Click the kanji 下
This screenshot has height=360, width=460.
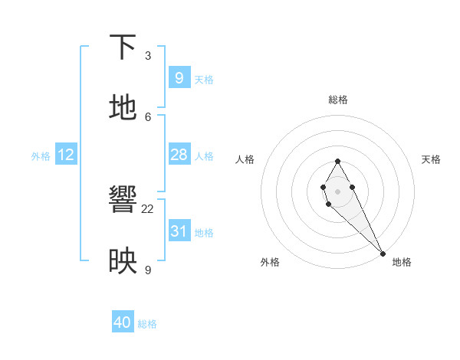123,47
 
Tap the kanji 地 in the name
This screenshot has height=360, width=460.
123,108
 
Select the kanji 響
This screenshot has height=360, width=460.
123,201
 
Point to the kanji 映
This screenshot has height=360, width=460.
123,261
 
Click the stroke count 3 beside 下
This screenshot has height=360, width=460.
148,56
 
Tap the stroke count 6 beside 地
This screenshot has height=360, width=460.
148,116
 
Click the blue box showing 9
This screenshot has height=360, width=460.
179,78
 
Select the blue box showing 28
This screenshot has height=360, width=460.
179,155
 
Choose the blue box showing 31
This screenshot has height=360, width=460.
179,231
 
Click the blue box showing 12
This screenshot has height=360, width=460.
66,155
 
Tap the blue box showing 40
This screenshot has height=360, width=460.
123,322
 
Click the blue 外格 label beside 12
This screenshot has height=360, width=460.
41,156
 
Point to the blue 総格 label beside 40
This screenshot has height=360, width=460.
147,324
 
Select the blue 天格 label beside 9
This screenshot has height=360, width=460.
204,80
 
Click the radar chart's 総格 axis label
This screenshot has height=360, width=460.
338,100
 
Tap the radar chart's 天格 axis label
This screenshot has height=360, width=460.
431,159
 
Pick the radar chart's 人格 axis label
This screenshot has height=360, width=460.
245,159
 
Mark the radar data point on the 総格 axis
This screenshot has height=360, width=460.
337,161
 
